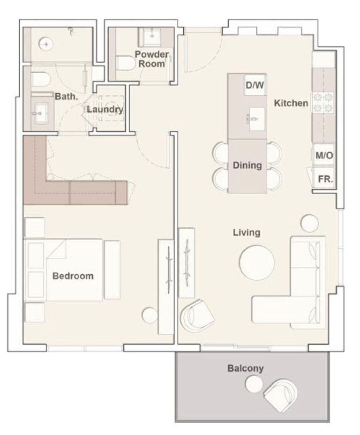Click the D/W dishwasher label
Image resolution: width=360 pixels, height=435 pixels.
255,85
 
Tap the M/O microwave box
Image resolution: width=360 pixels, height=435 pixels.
324,156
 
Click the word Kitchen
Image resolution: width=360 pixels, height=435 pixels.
291,103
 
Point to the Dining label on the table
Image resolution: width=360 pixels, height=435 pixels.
247,165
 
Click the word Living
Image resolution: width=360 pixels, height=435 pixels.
247,232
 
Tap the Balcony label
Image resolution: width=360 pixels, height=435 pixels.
246,368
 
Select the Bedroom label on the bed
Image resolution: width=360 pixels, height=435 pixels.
73,276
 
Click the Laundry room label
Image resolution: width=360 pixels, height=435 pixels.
105,110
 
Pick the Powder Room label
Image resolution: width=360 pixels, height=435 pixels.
152,59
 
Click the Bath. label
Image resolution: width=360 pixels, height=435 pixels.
63,97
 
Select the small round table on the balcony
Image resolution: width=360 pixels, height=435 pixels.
254,384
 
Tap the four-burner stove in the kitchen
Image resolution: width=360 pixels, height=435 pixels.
323,103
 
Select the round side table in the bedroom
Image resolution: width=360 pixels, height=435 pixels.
150,315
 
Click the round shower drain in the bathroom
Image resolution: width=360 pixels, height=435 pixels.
46,44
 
